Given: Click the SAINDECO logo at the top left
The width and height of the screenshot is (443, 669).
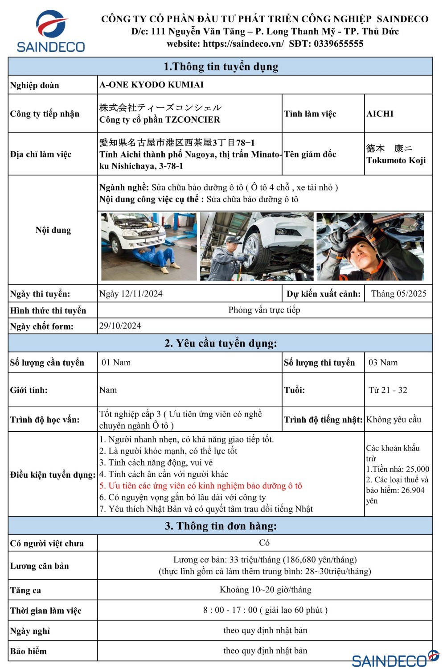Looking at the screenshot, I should (50, 31).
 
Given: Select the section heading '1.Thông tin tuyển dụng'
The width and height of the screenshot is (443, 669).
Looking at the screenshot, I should (221, 66).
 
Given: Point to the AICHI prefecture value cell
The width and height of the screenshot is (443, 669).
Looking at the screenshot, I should (380, 114).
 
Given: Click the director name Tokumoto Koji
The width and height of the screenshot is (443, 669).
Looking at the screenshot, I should (396, 160).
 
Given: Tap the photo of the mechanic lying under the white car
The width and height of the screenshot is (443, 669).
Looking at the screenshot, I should (148, 246).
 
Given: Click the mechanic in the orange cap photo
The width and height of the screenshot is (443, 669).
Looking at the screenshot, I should (370, 246).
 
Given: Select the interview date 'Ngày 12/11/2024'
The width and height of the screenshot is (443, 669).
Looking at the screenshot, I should (131, 293).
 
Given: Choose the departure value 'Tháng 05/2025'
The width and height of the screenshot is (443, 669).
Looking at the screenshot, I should (398, 293).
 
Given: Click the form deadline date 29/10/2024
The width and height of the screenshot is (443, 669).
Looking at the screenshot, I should (120, 326).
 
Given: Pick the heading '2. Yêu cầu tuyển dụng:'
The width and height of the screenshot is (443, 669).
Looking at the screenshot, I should (221, 343).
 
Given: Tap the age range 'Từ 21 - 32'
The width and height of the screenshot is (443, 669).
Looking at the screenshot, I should (388, 390).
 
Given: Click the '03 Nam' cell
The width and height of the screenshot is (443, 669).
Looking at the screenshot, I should (383, 363).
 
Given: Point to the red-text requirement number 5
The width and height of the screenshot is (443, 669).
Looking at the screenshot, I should (201, 486).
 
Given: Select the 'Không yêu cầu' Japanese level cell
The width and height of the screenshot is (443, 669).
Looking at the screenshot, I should (394, 419).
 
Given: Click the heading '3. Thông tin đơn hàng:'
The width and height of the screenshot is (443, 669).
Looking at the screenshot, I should (221, 526).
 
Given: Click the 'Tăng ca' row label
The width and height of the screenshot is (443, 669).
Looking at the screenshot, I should (25, 591).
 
